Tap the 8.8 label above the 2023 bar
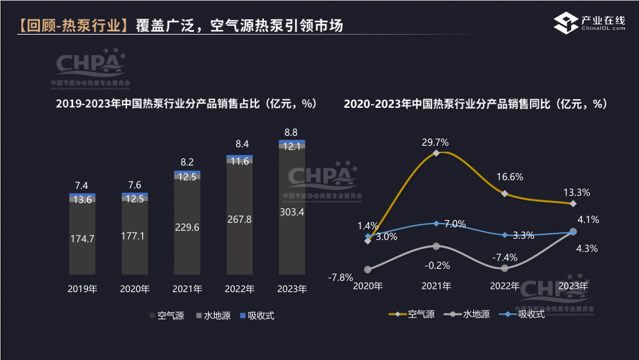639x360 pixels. point(291,132)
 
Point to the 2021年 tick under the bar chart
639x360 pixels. point(187,289)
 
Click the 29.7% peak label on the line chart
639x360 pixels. point(435,142)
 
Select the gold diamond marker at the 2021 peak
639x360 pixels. point(436,153)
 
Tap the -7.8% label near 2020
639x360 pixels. point(340,277)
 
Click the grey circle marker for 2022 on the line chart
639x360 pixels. point(505,268)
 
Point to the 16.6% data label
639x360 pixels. point(510,177)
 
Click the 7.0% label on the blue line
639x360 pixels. point(455,224)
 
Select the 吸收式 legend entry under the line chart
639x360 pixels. point(525,314)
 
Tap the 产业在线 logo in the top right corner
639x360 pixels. point(590,23)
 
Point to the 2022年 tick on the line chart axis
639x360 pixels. point(505,286)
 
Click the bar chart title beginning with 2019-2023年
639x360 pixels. point(186,104)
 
